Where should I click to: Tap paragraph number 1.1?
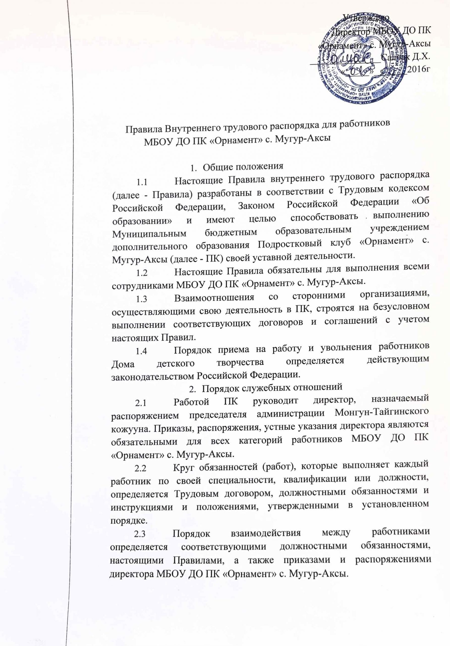142,183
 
